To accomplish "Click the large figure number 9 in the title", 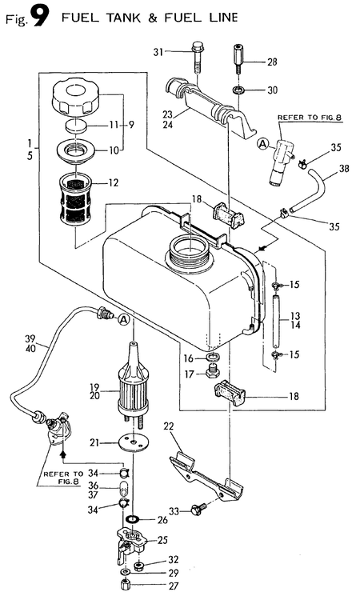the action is pos(40,17).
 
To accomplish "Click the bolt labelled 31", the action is pos(196,57).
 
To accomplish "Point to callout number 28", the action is pos(272,62).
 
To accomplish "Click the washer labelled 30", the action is pos(238,91).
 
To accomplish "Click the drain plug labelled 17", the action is pos(211,372).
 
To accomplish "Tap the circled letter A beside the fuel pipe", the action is pos(123,319).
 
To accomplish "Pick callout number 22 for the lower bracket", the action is pos(169,426).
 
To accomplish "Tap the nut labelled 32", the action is pos(138,566).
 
